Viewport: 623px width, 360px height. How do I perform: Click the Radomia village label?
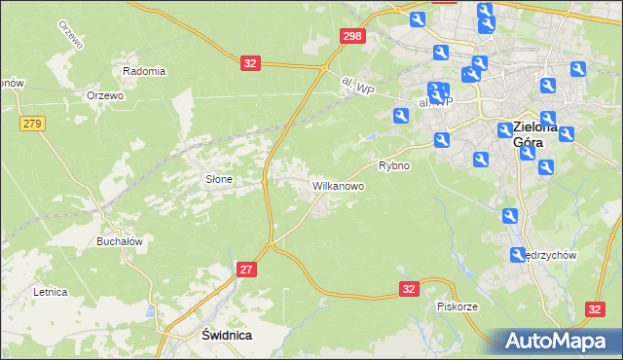tap(144, 71)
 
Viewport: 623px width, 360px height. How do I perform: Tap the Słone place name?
tap(217, 179)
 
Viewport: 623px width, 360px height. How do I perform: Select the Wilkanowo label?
tap(338, 185)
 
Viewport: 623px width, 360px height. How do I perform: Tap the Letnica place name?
tap(50, 291)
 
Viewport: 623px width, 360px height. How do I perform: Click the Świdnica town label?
tap(212, 334)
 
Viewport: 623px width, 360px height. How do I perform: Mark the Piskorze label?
tap(457, 306)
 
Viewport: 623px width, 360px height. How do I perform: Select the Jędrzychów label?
tap(551, 255)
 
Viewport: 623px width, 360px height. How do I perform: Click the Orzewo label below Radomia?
tap(104, 95)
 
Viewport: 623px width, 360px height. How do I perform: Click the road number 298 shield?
tap(353, 36)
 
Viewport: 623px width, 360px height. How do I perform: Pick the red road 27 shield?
tap(246, 270)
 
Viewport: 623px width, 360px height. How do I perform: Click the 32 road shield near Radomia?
tap(250, 63)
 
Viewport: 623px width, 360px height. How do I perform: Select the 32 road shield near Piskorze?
tap(410, 289)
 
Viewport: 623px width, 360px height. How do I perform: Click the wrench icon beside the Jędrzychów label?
tap(518, 255)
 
